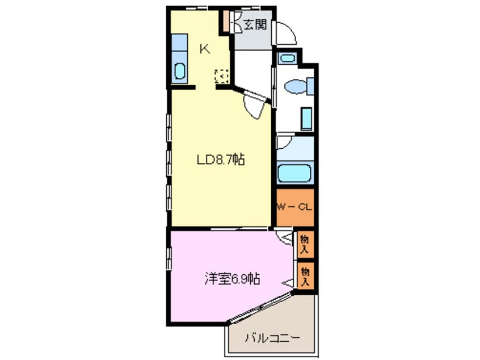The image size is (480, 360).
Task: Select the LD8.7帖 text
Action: click(x=221, y=160)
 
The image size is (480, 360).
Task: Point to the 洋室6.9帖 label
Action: click(x=233, y=279)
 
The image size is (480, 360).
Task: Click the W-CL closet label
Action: click(x=294, y=207)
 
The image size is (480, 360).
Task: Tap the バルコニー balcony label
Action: click(x=272, y=339)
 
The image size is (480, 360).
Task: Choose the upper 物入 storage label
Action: click(x=305, y=243)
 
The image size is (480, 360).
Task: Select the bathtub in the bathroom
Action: click(x=294, y=173)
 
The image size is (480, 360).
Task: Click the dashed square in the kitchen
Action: click(x=221, y=76)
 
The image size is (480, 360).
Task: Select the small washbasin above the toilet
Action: click(x=288, y=57)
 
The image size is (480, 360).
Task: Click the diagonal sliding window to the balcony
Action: click(x=260, y=309)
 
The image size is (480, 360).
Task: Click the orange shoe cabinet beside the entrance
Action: click(x=226, y=20)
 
